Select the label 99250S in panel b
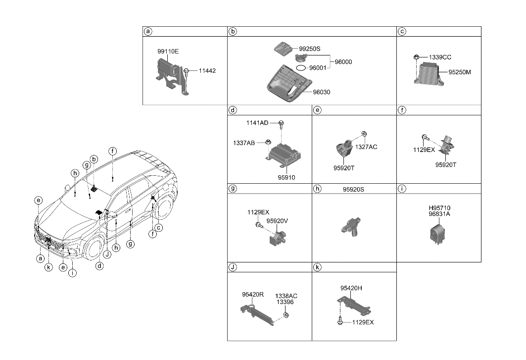[310, 49]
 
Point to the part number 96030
[321, 92]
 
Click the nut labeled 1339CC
[417, 58]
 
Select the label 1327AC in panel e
[366, 147]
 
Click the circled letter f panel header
[402, 110]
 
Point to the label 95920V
[277, 221]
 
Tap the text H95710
[439, 208]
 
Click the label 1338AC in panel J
[287, 296]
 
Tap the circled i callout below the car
[72, 272]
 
